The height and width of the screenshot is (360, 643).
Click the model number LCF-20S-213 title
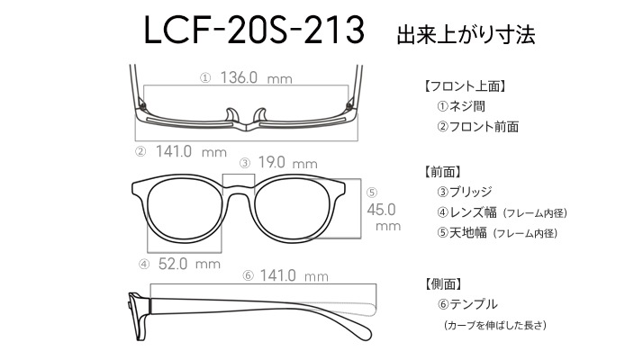(254, 30)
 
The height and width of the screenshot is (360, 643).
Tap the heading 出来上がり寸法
(466, 35)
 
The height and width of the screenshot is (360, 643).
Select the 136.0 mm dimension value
(257, 77)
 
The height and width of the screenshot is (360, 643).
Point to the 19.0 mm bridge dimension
(287, 163)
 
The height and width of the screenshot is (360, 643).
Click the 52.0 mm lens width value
(189, 264)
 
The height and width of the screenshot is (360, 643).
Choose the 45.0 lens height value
(381, 210)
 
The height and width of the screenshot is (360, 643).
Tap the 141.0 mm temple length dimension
(294, 275)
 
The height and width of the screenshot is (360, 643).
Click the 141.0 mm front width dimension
(191, 152)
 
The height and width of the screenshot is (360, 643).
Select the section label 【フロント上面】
(464, 86)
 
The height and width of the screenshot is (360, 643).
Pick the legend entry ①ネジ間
(461, 106)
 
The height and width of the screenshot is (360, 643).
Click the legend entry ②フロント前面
(477, 127)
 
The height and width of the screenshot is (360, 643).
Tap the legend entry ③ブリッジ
(464, 192)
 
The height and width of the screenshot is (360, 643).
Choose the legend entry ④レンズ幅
(466, 212)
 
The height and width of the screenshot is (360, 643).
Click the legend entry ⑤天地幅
(462, 233)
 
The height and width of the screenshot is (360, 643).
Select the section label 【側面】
(443, 283)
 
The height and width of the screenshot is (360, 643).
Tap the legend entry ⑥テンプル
(467, 304)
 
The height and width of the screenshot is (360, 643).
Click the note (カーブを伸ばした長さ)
(495, 325)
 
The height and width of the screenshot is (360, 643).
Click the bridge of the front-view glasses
(239, 190)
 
